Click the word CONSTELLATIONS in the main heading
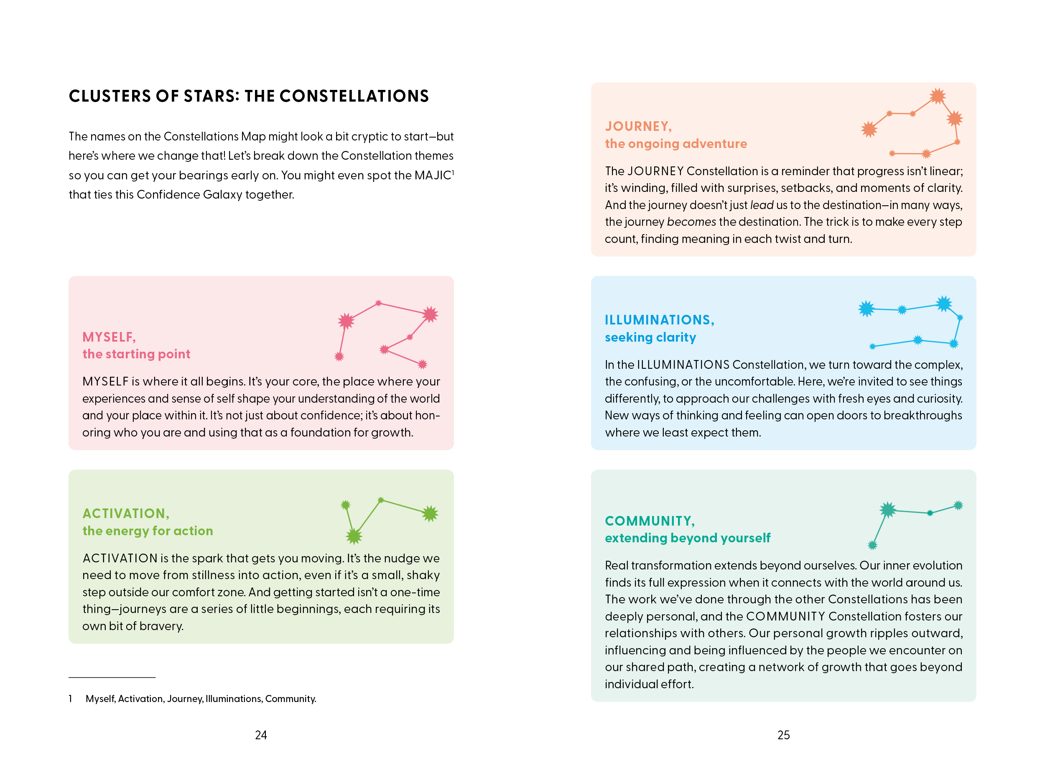tap(354, 97)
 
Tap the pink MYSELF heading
tap(109, 337)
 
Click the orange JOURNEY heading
tap(638, 126)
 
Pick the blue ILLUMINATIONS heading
tap(659, 320)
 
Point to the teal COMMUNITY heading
tap(650, 521)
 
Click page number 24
tap(261, 735)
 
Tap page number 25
tap(783, 735)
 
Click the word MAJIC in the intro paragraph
tap(433, 175)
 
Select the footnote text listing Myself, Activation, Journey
tap(201, 698)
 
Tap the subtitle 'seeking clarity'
tap(650, 337)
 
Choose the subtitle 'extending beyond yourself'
tap(687, 538)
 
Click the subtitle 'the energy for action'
tap(148, 531)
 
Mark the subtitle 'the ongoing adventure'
tap(675, 144)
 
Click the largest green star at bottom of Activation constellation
tap(354, 536)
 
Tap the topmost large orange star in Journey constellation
tap(937, 96)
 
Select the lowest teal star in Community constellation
tap(872, 545)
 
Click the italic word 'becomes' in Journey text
tap(691, 222)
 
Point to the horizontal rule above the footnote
tap(112, 677)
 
